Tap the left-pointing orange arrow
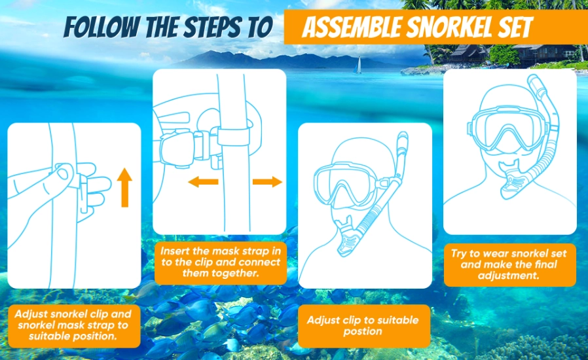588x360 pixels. [202, 182]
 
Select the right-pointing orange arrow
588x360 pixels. [267, 182]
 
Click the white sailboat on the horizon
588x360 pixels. [357, 65]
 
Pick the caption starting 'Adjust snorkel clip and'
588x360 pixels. [74, 325]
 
